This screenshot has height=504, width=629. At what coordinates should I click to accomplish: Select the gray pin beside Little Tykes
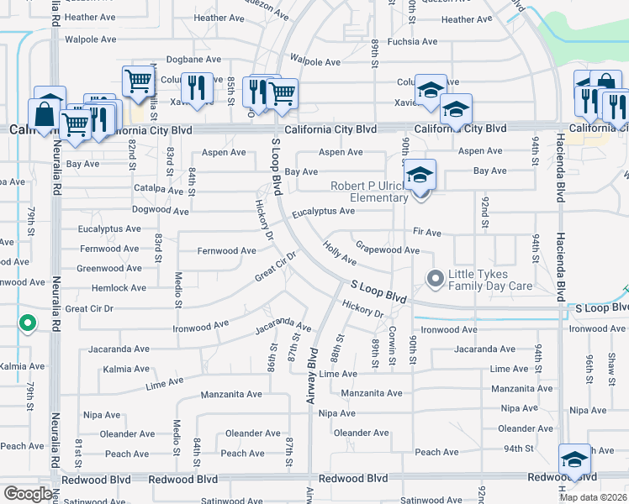pyautogui.click(x=435, y=277)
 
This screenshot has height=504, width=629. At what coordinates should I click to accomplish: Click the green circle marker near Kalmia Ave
pyautogui.click(x=27, y=322)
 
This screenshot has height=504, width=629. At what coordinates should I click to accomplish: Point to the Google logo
pyautogui.click(x=28, y=494)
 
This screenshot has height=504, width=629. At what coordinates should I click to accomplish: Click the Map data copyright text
pyautogui.click(x=593, y=497)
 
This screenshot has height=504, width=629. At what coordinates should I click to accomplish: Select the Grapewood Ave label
pyautogui.click(x=387, y=249)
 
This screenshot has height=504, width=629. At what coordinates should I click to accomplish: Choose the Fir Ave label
pyautogui.click(x=427, y=231)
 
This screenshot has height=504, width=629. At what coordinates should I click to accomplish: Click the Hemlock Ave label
pyautogui.click(x=119, y=288)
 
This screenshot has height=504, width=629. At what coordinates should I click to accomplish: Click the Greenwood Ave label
pyautogui.click(x=108, y=269)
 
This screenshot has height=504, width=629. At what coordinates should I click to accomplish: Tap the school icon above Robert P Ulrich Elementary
pyautogui.click(x=420, y=176)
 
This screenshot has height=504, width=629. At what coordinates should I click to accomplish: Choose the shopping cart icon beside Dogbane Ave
pyautogui.click(x=138, y=81)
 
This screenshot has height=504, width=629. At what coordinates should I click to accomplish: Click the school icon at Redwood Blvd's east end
pyautogui.click(x=574, y=459)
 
